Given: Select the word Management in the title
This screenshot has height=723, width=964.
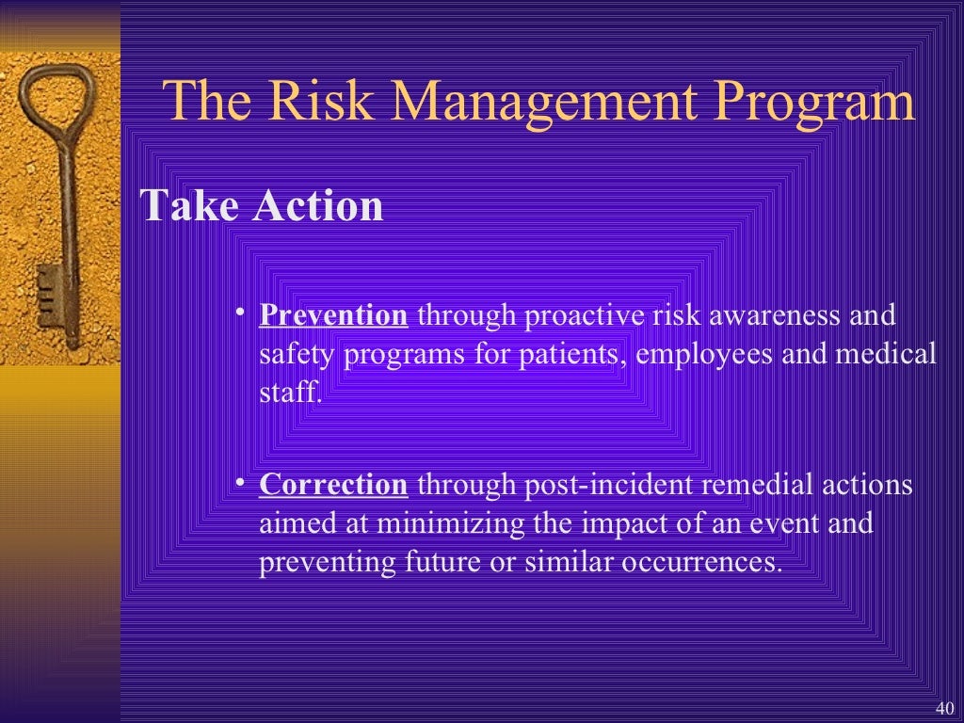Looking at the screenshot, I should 527,102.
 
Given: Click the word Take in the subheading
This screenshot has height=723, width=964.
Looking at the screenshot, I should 191,206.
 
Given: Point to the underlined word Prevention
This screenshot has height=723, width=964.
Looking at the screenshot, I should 333,314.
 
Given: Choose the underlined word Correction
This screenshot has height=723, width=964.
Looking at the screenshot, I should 333,485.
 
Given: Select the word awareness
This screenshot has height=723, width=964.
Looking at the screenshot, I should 775,314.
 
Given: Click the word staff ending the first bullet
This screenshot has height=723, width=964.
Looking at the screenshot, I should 288,393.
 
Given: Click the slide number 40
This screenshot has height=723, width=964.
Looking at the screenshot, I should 945,708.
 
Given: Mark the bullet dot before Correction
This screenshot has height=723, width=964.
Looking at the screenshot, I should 241,483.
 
